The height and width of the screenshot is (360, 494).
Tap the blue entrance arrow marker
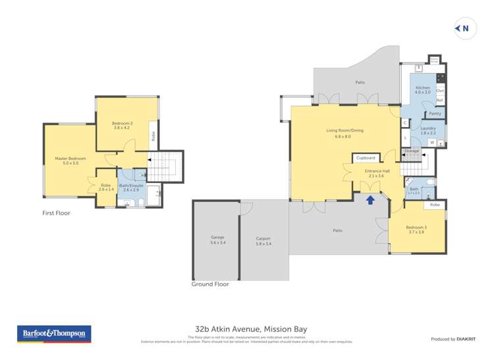(370, 199)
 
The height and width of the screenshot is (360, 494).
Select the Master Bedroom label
(70, 160)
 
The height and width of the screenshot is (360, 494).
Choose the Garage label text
(217, 239)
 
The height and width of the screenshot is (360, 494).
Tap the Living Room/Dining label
(344, 132)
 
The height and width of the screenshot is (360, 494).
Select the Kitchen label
(422, 90)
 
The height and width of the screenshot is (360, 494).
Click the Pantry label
(435, 114)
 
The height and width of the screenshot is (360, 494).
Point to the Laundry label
(428, 130)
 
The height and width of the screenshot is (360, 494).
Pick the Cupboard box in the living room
(365, 158)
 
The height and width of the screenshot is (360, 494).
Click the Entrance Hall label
(377, 173)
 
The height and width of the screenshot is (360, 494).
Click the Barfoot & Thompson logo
(54, 334)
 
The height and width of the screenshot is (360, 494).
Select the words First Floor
(56, 213)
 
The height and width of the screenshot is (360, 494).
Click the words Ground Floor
(210, 284)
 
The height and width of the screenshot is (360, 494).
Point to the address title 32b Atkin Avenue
(251, 329)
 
